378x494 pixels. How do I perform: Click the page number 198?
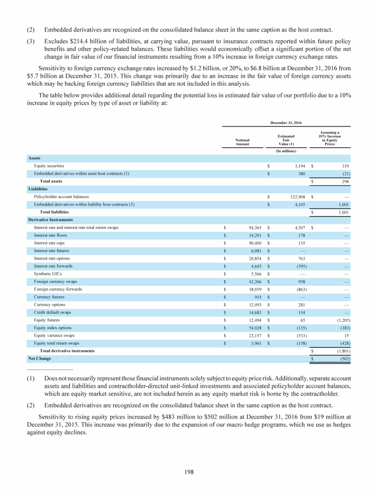click(x=189, y=472)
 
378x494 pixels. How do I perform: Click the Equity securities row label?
click(x=49, y=166)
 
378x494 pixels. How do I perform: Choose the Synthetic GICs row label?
click(x=46, y=274)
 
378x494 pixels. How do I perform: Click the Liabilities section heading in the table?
click(x=37, y=188)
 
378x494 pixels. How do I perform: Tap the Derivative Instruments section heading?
click(x=51, y=219)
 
